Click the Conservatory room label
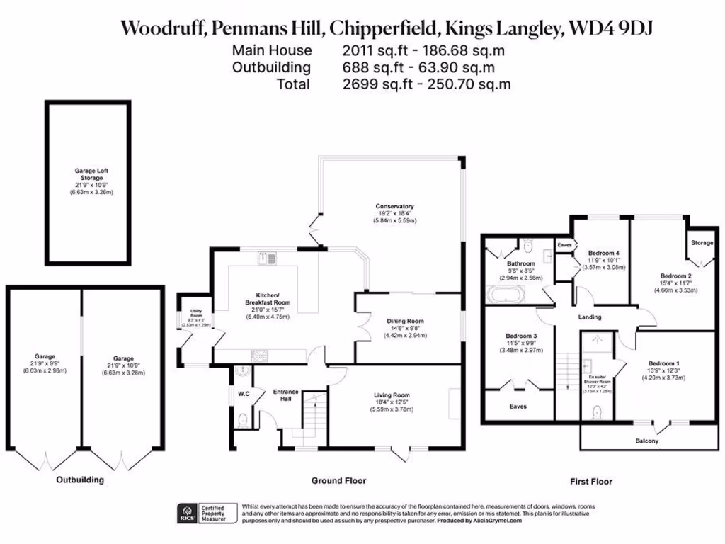click(394, 206)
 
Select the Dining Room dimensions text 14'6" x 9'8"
click(405, 328)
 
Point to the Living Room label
click(392, 395)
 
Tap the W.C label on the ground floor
click(242, 394)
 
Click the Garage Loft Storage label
click(91, 174)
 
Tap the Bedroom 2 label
click(675, 276)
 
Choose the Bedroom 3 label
click(520, 336)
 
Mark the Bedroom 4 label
click(604, 253)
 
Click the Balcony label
click(646, 441)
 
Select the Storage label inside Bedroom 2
click(702, 243)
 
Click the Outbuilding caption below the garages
click(80, 480)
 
